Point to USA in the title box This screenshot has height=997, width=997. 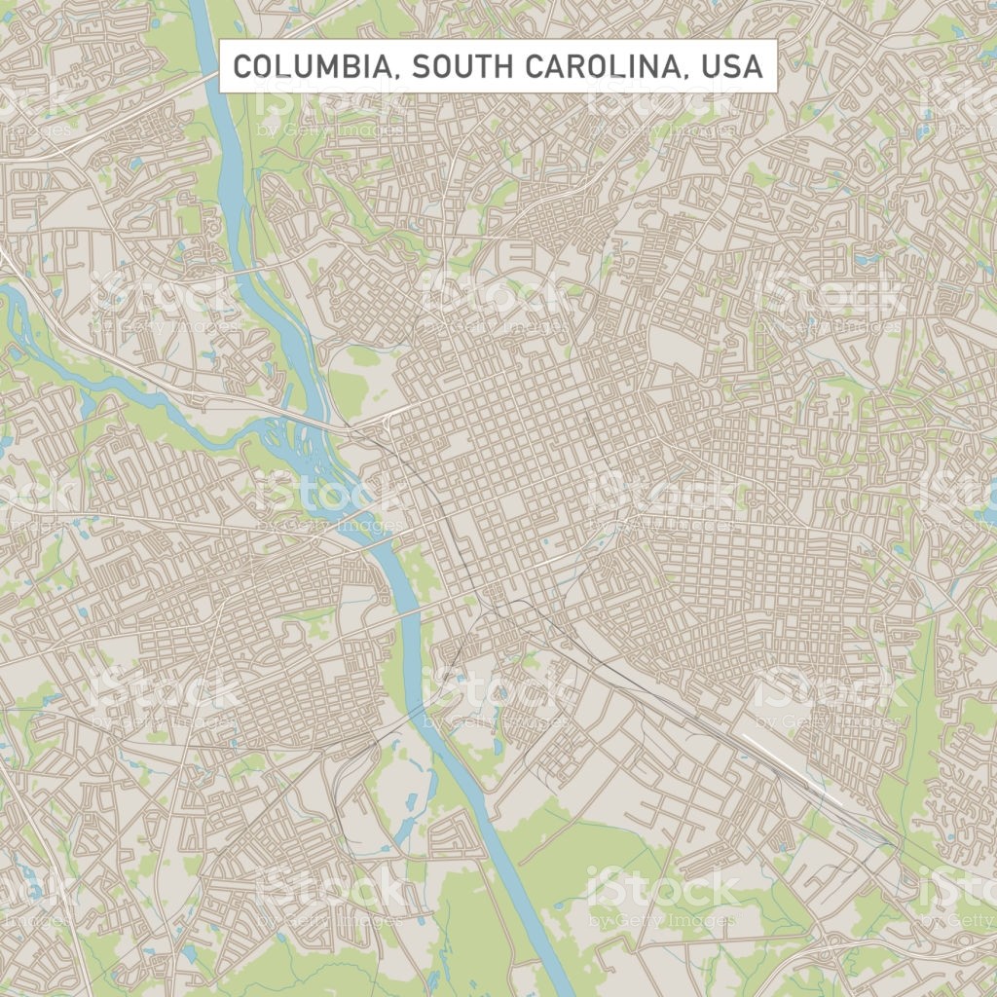(x=733, y=66)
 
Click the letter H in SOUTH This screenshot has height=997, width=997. (x=504, y=66)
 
